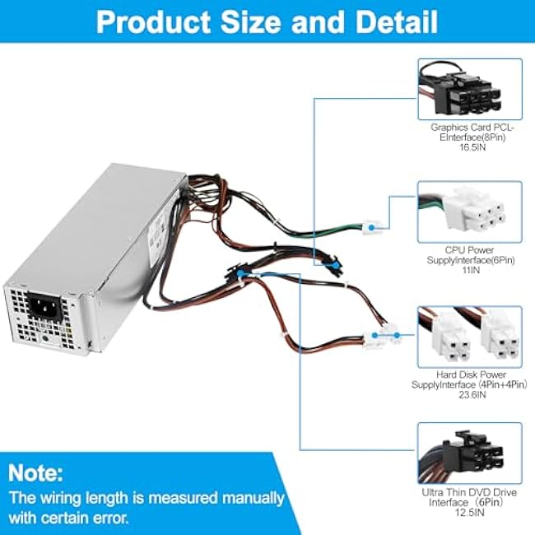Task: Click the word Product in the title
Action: (x=154, y=22)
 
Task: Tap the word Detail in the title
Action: (x=397, y=22)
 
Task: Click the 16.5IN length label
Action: (x=472, y=147)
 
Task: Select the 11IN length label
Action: (x=470, y=270)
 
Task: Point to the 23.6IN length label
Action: (x=472, y=395)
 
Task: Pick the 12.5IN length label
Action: (x=469, y=513)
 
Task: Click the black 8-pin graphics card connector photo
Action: (x=470, y=90)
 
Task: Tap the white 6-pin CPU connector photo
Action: (x=470, y=212)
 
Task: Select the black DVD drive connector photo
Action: (x=470, y=454)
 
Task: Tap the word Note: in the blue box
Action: (x=36, y=473)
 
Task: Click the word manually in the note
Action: (x=251, y=499)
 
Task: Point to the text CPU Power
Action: (x=469, y=250)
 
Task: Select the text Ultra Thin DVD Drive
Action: (x=469, y=492)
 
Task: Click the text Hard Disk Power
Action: (x=471, y=374)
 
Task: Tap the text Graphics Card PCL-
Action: (x=472, y=128)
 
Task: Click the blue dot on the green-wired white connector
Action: (x=371, y=227)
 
